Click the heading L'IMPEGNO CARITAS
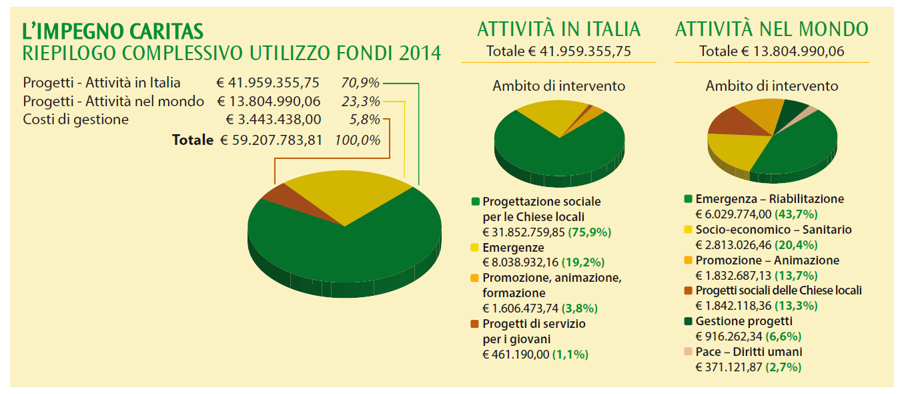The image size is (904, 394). [x=113, y=31]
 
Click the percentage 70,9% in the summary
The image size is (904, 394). [x=360, y=83]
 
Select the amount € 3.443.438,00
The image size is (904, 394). [x=274, y=120]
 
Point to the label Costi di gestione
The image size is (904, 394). [x=75, y=120]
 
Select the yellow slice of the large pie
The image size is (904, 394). [x=344, y=194]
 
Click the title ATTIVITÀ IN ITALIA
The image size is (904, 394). [x=558, y=29]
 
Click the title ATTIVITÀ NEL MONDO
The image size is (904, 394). [x=771, y=29]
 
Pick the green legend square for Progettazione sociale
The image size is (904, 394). [x=475, y=202]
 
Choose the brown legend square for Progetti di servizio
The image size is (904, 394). [x=475, y=324]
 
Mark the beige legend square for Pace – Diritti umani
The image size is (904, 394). [x=688, y=352]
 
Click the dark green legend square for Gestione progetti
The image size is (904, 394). [x=688, y=321]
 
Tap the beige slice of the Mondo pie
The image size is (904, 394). [x=811, y=110]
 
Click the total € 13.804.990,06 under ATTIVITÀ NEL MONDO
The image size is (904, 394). [x=771, y=51]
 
